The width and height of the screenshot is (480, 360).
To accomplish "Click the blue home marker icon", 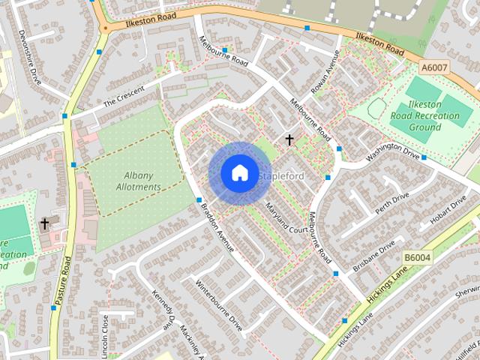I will tap(239, 173).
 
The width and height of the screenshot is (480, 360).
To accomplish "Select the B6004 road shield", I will tap(418, 257).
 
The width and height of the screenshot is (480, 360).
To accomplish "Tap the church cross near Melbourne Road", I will tap(289, 139).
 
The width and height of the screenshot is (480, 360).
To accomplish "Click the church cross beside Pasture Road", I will tap(44, 223).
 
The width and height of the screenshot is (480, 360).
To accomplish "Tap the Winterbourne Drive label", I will tap(219, 307).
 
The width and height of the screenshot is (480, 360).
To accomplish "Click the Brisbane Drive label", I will tap(376, 257).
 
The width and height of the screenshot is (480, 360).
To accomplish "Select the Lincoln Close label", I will tap(106, 334).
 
